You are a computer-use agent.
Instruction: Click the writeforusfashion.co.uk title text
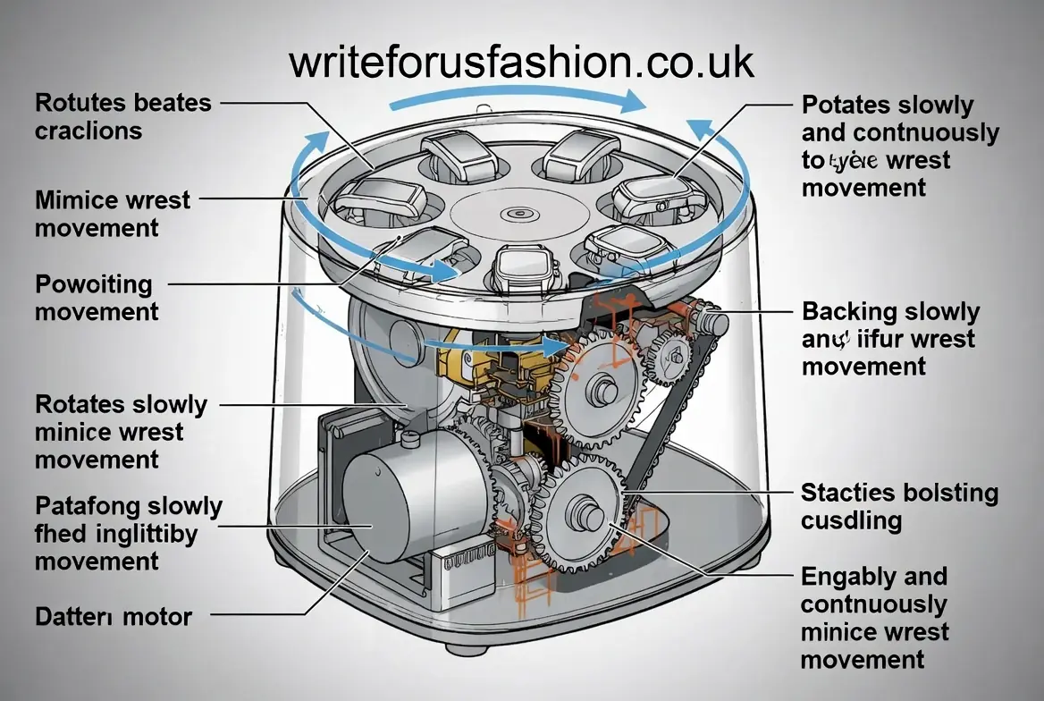pos(521,62)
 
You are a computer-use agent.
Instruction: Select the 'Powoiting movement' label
pos(97,298)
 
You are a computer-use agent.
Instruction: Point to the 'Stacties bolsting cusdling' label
pos(898,506)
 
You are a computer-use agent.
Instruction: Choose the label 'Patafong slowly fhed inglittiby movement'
pos(128,533)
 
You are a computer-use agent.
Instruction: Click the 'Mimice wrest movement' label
pos(113,213)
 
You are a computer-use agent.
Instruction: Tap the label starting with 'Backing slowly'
pos(890,339)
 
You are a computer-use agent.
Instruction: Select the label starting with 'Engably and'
pos(874,618)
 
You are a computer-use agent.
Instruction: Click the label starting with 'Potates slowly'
pos(899,146)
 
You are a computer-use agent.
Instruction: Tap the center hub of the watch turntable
pos(516,215)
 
